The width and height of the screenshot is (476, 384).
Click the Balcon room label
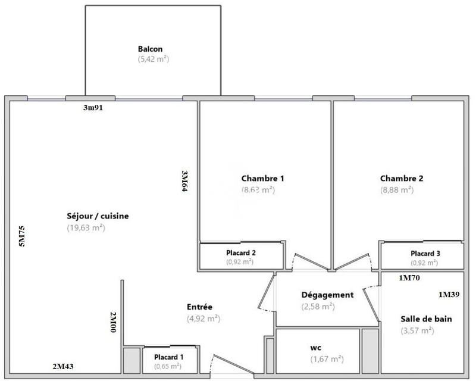click(x=150, y=49)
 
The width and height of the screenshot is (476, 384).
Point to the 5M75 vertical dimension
click(x=22, y=236)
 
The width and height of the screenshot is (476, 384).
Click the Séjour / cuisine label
click(x=98, y=216)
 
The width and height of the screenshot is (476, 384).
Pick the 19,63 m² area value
click(x=86, y=227)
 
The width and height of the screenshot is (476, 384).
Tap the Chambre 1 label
click(x=262, y=178)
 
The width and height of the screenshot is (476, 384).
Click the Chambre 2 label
click(x=402, y=178)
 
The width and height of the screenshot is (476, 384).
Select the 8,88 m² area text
click(x=397, y=190)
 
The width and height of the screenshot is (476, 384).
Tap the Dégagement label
click(x=327, y=295)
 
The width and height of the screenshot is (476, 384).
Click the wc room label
click(x=316, y=347)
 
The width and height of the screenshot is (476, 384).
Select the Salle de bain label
click(x=426, y=319)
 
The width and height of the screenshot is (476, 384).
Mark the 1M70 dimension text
click(x=410, y=277)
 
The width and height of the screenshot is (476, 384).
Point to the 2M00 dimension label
click(x=113, y=321)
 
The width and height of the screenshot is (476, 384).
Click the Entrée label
click(x=199, y=307)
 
